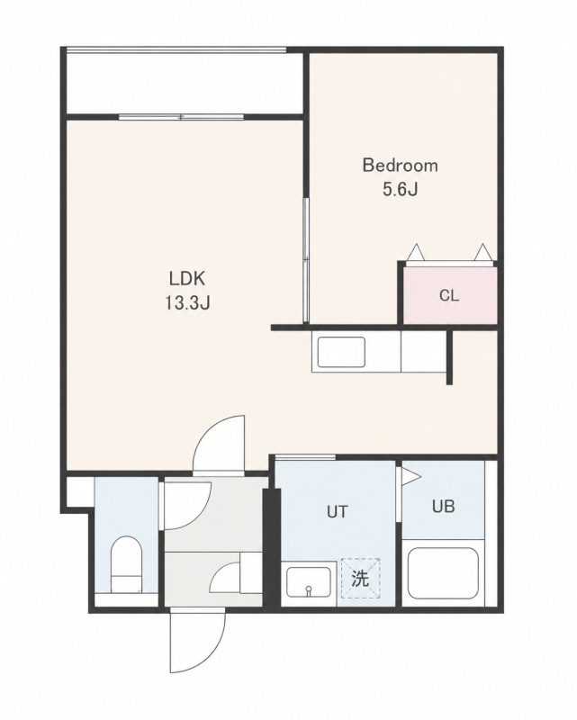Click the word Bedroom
click(x=401, y=166)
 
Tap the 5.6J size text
click(x=401, y=189)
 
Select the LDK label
click(x=186, y=278)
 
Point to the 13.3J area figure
click(x=187, y=303)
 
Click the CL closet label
click(x=449, y=295)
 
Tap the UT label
click(x=338, y=511)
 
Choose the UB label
click(x=443, y=506)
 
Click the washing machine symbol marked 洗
click(x=360, y=578)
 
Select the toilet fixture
click(x=126, y=564)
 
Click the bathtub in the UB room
click(x=443, y=573)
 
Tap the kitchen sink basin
click(x=341, y=352)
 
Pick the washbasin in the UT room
click(x=309, y=581)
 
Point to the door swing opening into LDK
click(x=219, y=444)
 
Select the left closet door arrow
click(x=416, y=253)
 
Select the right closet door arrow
click(x=482, y=253)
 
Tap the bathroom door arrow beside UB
click(x=410, y=477)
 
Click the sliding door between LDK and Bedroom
click(x=305, y=260)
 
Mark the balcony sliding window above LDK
click(x=181, y=117)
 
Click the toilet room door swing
click(x=187, y=505)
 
